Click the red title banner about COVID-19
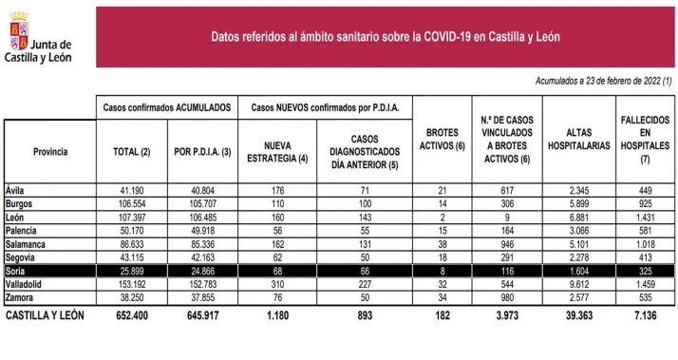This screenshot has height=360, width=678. [x=384, y=36]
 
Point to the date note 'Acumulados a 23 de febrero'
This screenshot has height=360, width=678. [x=603, y=83]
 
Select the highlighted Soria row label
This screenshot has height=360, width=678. [x=18, y=271]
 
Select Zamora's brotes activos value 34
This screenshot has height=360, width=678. [x=440, y=297]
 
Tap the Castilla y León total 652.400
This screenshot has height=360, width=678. [x=130, y=314]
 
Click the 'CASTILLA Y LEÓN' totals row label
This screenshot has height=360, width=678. [x=47, y=314]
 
